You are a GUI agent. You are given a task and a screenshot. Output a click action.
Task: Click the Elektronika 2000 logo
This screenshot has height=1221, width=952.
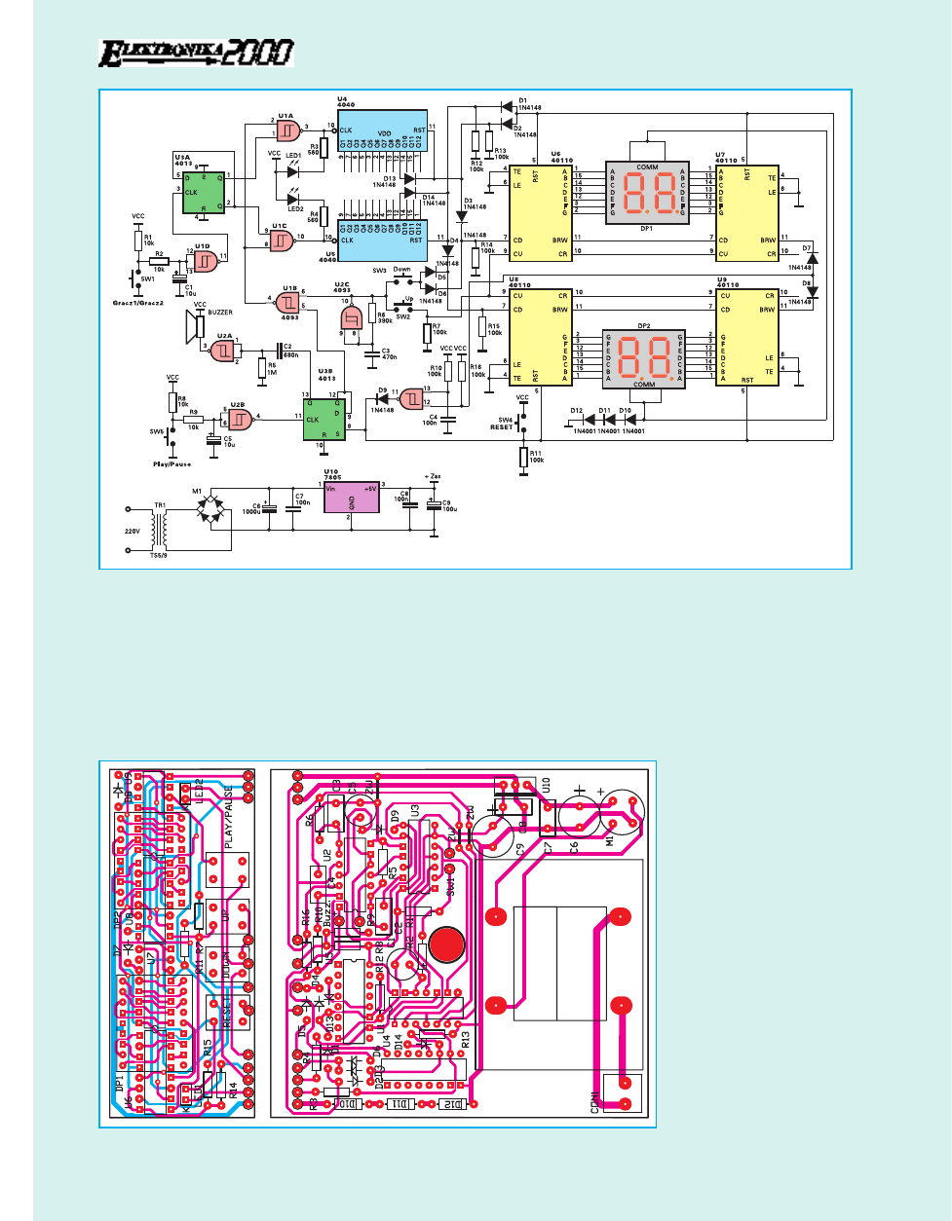coord(196,53)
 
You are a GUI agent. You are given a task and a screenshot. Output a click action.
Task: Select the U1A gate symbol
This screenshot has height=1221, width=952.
coord(287,129)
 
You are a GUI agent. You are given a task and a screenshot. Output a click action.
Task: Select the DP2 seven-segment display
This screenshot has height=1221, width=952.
coord(644,353)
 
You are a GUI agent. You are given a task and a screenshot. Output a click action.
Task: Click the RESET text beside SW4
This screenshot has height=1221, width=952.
coord(501,426)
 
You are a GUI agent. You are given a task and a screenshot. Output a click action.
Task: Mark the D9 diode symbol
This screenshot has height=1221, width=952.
coord(382,398)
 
